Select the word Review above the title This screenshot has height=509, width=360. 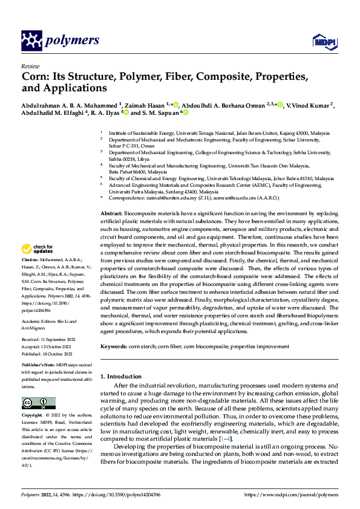click(x=28, y=66)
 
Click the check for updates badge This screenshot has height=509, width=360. click(x=38, y=248)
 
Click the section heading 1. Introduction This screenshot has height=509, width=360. click(x=120, y=377)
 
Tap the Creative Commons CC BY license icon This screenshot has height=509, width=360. click(x=38, y=403)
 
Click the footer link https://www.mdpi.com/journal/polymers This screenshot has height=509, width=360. click(x=291, y=494)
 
